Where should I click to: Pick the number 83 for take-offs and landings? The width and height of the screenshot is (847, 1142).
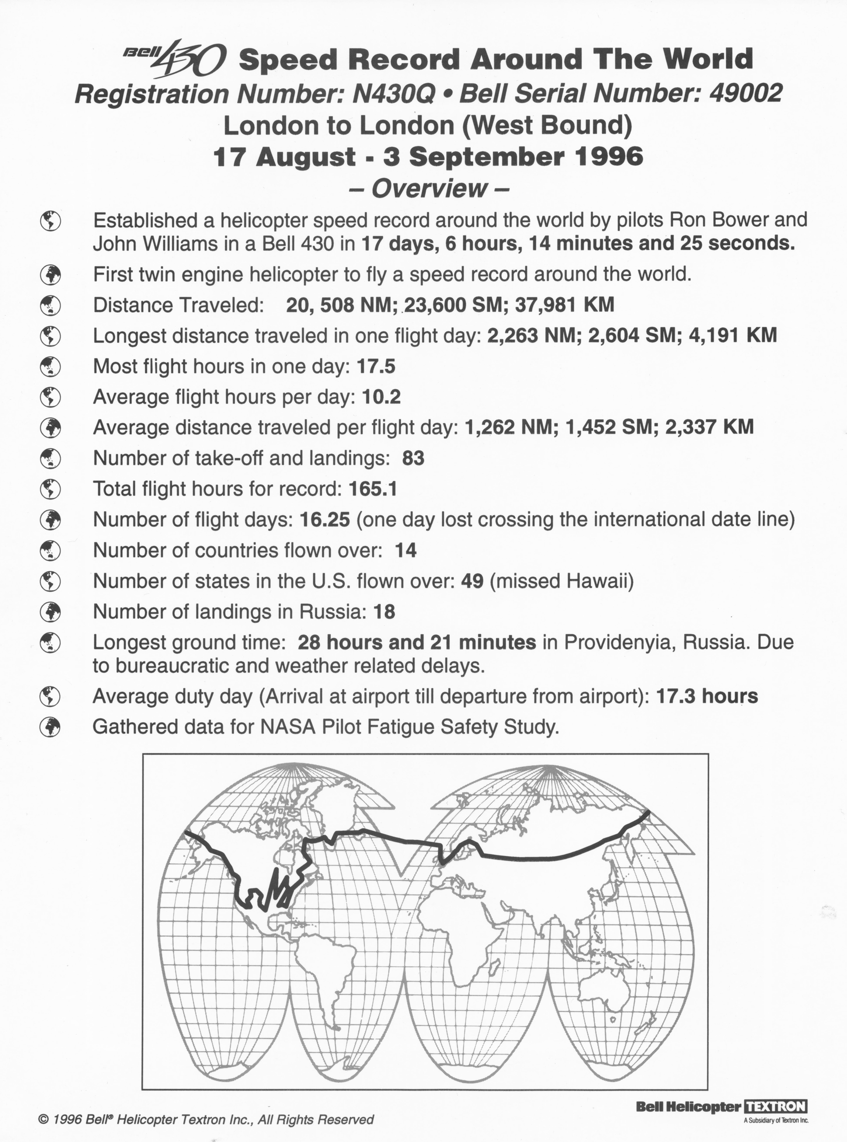tap(413, 458)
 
